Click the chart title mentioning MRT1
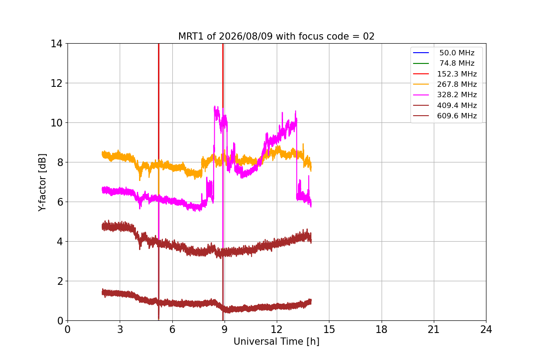[x=276, y=36]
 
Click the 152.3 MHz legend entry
[x=445, y=74]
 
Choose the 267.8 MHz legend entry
[x=445, y=84]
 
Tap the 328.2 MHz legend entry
[x=445, y=95]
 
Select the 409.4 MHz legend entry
[x=445, y=105]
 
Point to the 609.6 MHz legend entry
[x=445, y=116]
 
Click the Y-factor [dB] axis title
[x=42, y=183]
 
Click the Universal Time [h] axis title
[x=276, y=342]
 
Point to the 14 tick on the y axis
[x=56, y=44]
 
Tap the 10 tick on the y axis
[x=56, y=123]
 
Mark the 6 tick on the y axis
[x=60, y=202]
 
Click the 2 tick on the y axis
[x=60, y=281]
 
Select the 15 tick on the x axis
[x=329, y=329]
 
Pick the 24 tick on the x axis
[x=486, y=329]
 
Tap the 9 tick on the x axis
[x=225, y=329]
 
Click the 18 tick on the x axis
[x=382, y=329]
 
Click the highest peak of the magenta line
[x=215, y=106]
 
